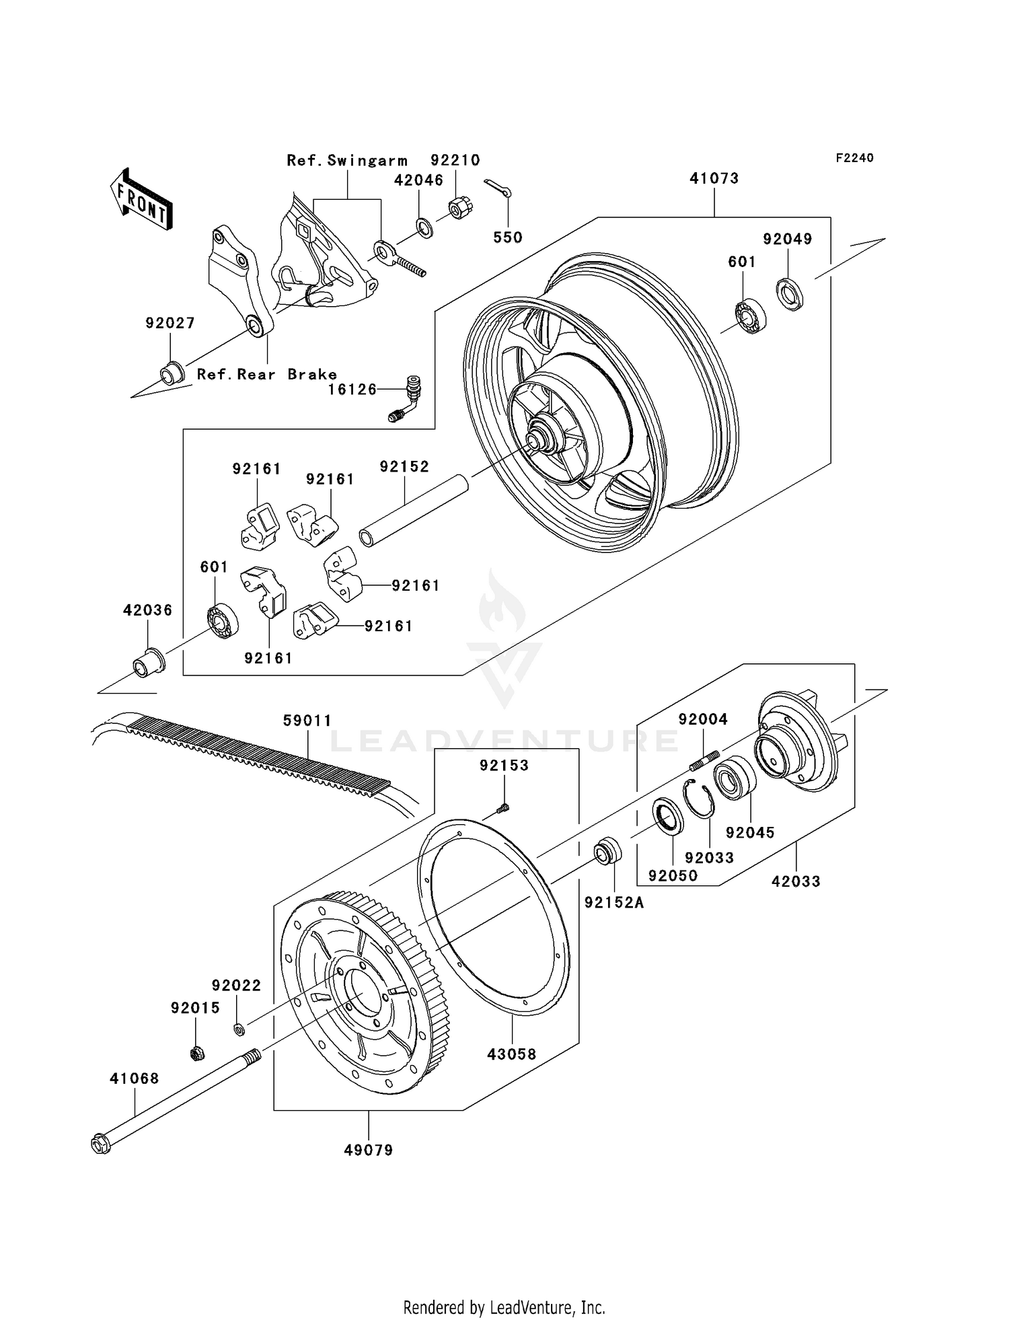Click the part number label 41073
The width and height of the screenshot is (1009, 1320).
714,178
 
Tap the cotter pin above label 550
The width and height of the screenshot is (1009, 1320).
498,188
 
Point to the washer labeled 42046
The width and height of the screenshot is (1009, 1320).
424,227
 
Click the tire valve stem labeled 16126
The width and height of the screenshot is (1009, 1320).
404,398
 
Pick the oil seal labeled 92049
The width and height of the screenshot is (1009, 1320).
790,294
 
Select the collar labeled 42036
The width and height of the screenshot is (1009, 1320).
148,661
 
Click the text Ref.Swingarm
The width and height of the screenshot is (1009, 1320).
347,161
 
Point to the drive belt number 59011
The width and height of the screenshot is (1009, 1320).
307,721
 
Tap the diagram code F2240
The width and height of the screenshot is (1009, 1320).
854,158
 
